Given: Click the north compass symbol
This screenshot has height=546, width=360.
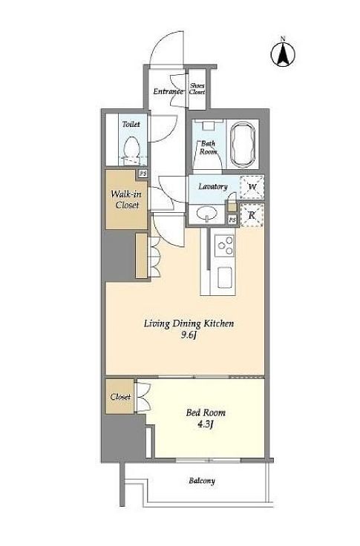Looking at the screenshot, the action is click(x=283, y=52).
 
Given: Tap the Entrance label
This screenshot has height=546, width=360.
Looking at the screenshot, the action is click(x=168, y=91).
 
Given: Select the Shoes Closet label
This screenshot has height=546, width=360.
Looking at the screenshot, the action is click(x=197, y=89).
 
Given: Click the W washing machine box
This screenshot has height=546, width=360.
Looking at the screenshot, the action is click(x=252, y=187).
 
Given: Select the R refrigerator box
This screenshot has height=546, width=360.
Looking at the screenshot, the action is click(x=252, y=216).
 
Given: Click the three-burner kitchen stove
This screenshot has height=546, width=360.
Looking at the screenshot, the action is click(x=225, y=246).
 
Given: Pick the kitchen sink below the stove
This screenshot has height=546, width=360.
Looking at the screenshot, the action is click(x=225, y=277).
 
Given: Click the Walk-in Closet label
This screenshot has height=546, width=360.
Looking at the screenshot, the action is click(x=126, y=200).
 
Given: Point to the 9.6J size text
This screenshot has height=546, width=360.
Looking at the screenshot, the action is click(x=189, y=335).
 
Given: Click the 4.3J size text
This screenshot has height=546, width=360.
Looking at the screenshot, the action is click(x=206, y=424).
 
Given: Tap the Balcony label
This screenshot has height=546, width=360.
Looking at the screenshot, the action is click(x=202, y=481).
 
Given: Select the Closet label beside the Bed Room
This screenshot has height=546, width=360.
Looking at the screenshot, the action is click(x=120, y=397).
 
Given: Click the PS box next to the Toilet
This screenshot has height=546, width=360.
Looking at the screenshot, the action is click(x=143, y=174).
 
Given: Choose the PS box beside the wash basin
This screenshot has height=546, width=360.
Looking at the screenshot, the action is click(x=232, y=220).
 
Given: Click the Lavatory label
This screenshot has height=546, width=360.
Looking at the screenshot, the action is click(x=213, y=187).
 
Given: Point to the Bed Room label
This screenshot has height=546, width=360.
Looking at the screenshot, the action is click(x=206, y=413).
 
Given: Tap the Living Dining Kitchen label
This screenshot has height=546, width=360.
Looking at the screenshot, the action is click(x=189, y=324).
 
